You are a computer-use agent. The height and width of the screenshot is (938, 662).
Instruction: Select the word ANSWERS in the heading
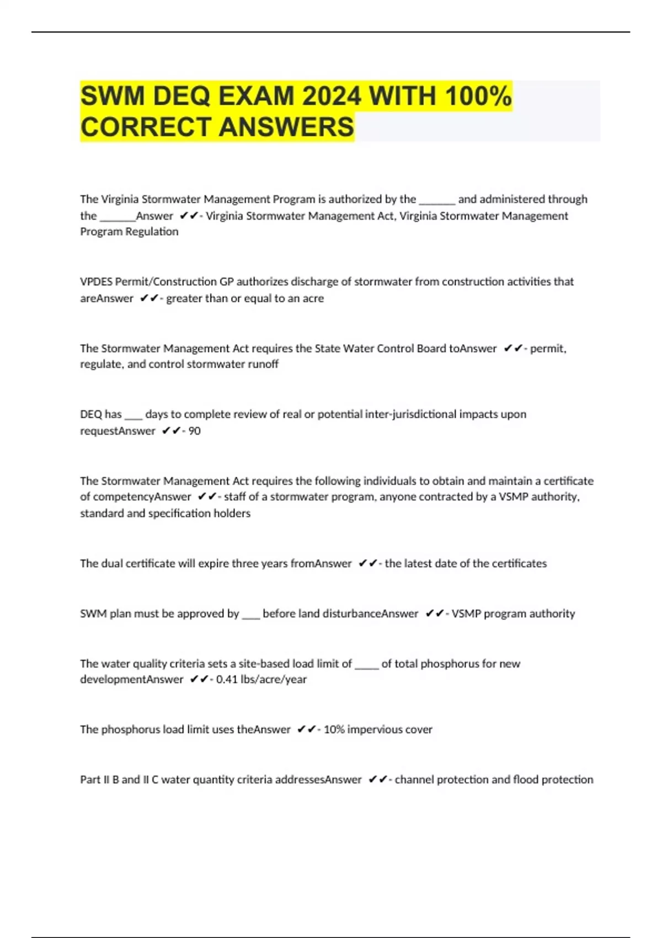[286, 127]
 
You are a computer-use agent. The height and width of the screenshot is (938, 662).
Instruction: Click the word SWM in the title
[113, 97]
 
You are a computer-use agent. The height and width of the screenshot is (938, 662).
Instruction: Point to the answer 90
[194, 431]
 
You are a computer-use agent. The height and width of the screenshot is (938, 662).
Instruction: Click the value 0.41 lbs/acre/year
[261, 679]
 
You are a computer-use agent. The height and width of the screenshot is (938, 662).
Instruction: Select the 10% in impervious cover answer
[334, 729]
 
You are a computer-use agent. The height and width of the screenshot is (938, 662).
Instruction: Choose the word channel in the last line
[414, 780]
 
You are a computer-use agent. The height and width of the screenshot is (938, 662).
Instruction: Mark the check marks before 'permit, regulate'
[513, 348]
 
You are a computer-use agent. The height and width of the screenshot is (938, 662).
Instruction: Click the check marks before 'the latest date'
[367, 563]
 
